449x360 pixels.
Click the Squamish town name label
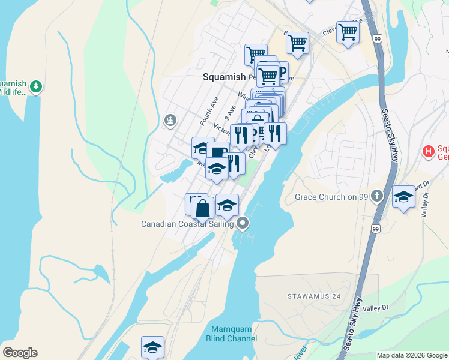(224, 77)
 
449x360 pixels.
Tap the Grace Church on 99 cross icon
(376, 196)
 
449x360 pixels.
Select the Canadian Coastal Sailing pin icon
(243, 224)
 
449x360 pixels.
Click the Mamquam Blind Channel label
(234, 334)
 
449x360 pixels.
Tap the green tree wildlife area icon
(37, 86)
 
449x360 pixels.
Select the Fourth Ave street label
(209, 110)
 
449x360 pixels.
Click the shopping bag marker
(203, 209)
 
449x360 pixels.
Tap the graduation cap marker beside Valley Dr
(403, 198)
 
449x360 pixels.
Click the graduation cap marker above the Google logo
(152, 347)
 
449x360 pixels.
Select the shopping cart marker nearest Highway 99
(348, 32)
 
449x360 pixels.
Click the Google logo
(20, 353)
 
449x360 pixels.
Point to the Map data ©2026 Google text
(412, 355)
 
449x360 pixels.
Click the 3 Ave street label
(228, 112)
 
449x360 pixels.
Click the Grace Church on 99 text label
(331, 196)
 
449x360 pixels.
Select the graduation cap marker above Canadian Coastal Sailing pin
(227, 206)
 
